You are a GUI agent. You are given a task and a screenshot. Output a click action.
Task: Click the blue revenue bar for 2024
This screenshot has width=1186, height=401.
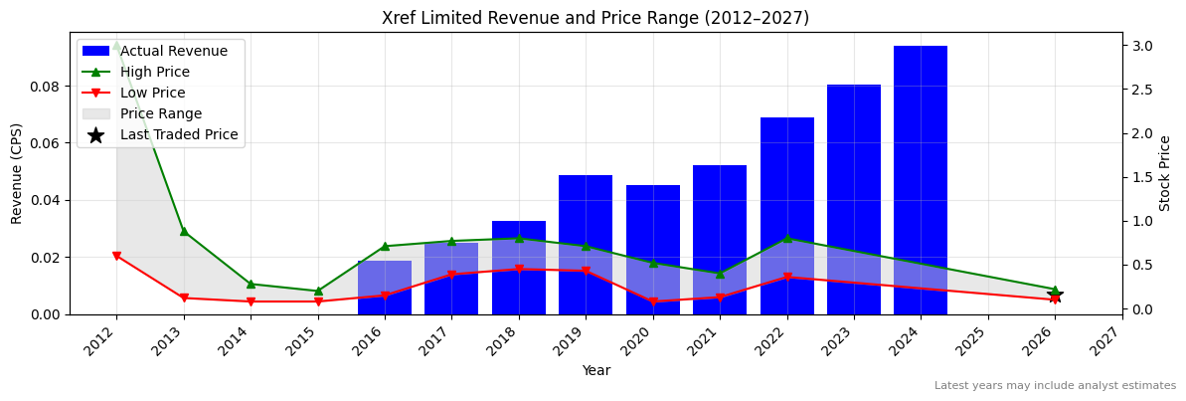[920, 179]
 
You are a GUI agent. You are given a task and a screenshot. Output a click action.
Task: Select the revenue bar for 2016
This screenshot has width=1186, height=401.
[385, 288]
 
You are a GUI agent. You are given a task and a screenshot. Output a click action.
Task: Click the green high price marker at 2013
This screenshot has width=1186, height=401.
[184, 231]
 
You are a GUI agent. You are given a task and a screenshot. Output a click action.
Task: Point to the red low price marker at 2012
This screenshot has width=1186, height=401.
[116, 256]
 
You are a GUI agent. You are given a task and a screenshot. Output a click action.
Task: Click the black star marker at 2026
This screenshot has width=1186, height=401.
[1055, 296]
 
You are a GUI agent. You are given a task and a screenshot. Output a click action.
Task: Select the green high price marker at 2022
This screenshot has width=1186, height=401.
[786, 239]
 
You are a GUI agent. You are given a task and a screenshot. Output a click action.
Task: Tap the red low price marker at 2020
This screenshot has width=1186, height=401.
[652, 301]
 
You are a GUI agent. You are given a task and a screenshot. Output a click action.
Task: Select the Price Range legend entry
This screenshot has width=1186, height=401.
[160, 114]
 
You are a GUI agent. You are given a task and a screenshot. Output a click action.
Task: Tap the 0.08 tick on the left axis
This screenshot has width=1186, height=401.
[44, 87]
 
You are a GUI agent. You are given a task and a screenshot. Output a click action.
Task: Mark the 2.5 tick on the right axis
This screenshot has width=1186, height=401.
[1142, 90]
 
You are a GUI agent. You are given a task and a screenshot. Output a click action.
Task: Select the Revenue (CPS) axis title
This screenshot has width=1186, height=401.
[17, 173]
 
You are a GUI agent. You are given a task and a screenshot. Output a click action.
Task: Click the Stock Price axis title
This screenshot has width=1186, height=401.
[1165, 173]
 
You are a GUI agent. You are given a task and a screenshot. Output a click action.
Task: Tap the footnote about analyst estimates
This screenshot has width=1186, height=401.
[1054, 386]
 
